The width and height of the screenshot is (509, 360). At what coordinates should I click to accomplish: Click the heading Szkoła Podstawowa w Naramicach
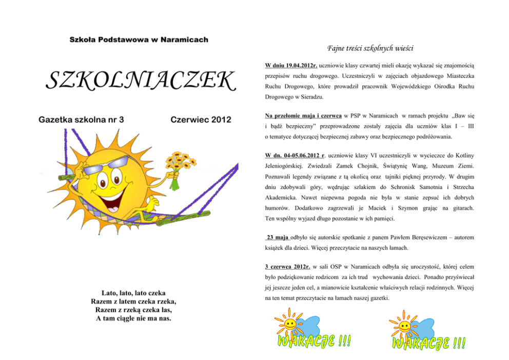coord(139,40)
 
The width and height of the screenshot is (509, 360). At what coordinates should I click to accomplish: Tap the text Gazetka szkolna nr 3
coord(82,120)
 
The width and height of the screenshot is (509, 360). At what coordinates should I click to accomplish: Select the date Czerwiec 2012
coord(200,120)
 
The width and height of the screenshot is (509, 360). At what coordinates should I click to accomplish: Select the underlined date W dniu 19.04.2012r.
coord(291,66)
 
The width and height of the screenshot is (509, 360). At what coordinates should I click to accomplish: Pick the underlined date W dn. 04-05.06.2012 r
coord(295,155)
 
